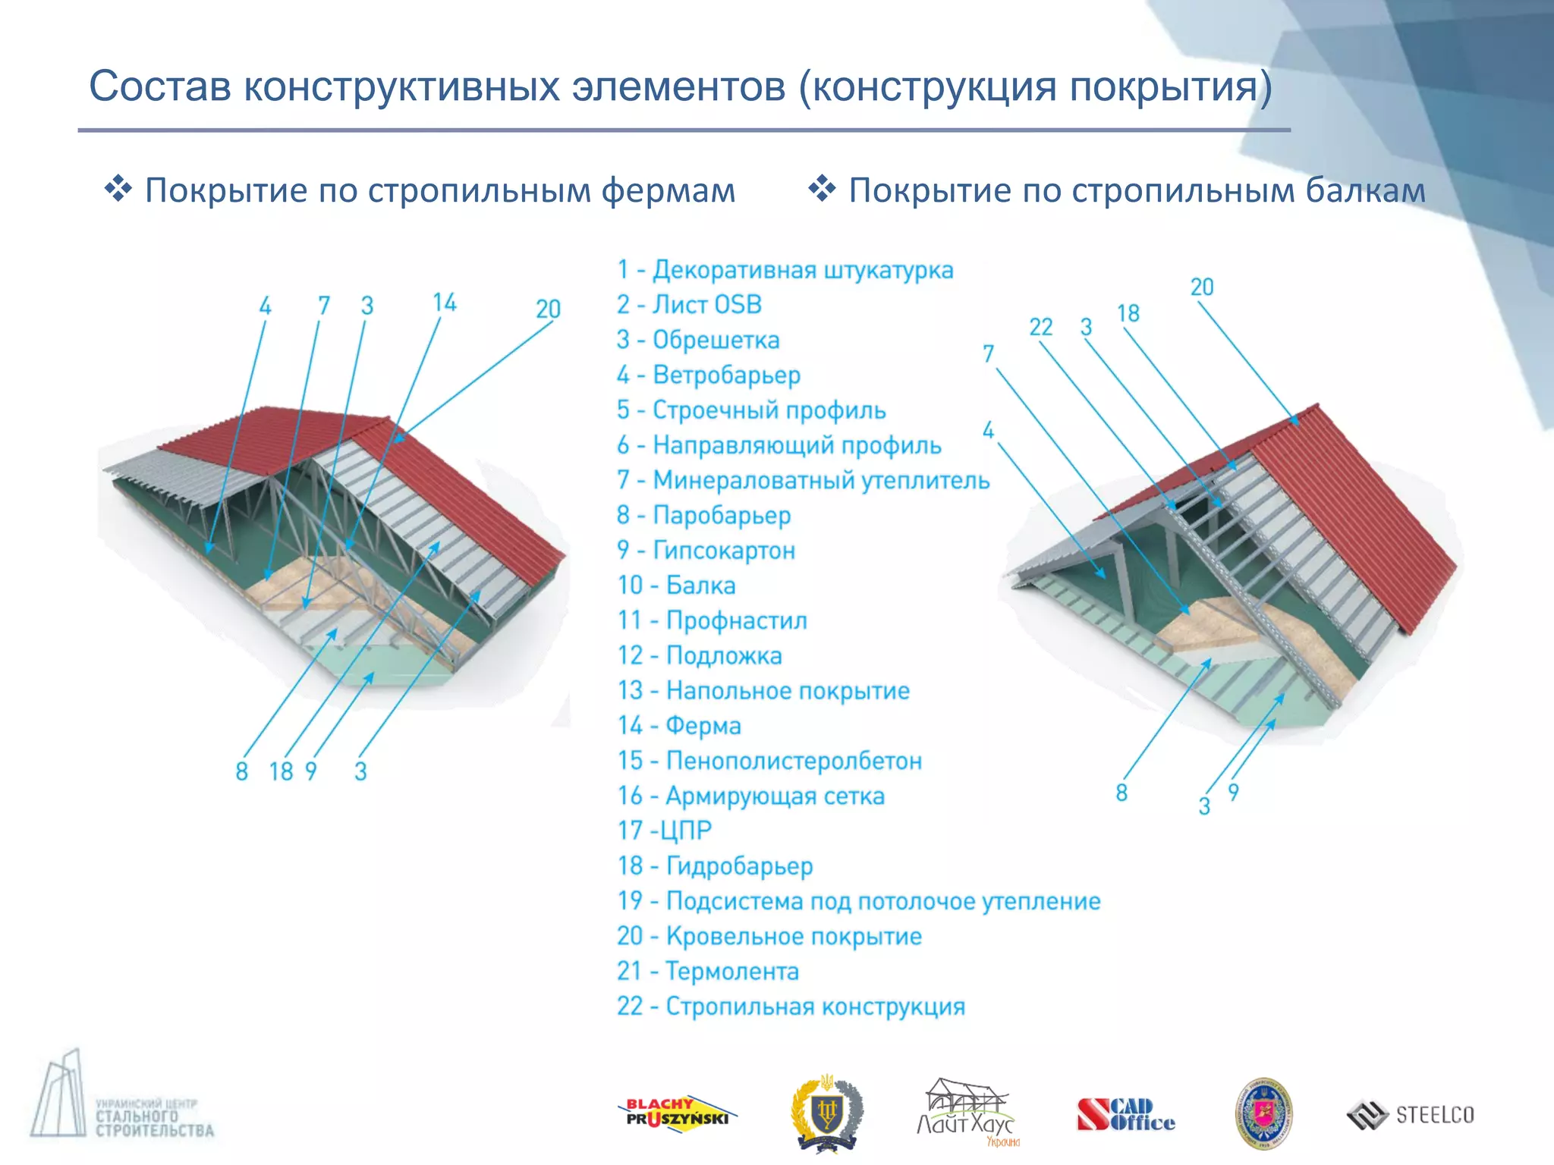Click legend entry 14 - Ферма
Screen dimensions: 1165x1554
(679, 726)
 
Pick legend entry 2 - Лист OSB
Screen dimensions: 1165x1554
(689, 305)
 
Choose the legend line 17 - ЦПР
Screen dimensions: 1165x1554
(665, 831)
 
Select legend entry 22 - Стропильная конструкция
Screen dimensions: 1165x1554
(791, 1006)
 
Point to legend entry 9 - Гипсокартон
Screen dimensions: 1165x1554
(706, 550)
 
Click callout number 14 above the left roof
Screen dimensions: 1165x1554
(445, 303)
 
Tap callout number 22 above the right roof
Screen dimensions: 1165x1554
(1040, 327)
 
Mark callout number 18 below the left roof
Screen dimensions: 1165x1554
(281, 771)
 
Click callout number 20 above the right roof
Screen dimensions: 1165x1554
(1202, 287)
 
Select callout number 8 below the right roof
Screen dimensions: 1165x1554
(1121, 793)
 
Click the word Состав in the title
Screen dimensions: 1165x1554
(160, 86)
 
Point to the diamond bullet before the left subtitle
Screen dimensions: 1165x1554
(118, 188)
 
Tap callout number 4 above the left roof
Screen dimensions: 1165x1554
(265, 306)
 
